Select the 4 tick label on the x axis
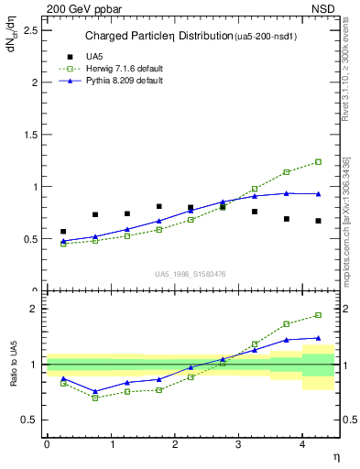click(302, 444)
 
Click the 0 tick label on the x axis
click(47, 444)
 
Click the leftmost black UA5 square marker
click(63, 232)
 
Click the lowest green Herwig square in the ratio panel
click(95, 398)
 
